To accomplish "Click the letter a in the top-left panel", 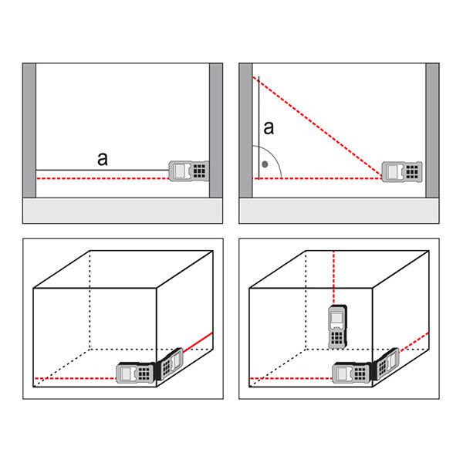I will click(x=102, y=159).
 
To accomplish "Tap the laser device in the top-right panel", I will click(x=404, y=171).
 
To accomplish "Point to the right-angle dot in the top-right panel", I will click(x=265, y=164).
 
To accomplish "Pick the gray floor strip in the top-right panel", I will click(x=340, y=211).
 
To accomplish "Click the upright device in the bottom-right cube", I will click(x=337, y=326).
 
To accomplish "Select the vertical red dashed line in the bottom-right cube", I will click(x=333, y=278).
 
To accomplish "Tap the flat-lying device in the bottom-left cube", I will click(x=133, y=373).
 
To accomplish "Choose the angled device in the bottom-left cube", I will click(x=171, y=363).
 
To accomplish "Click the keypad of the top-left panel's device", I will click(x=200, y=171).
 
